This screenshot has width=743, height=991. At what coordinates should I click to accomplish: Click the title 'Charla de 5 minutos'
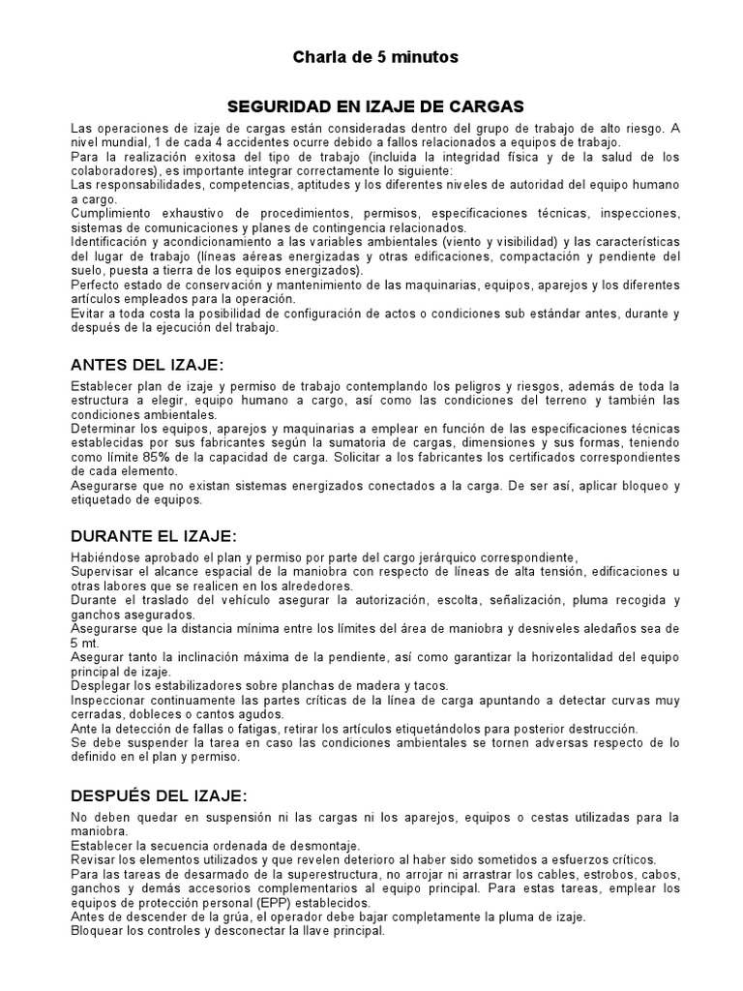point(375,58)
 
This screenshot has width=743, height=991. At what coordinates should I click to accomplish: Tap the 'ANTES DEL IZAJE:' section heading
point(147,365)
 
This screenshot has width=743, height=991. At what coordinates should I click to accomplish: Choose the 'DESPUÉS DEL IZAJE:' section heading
point(160,796)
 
